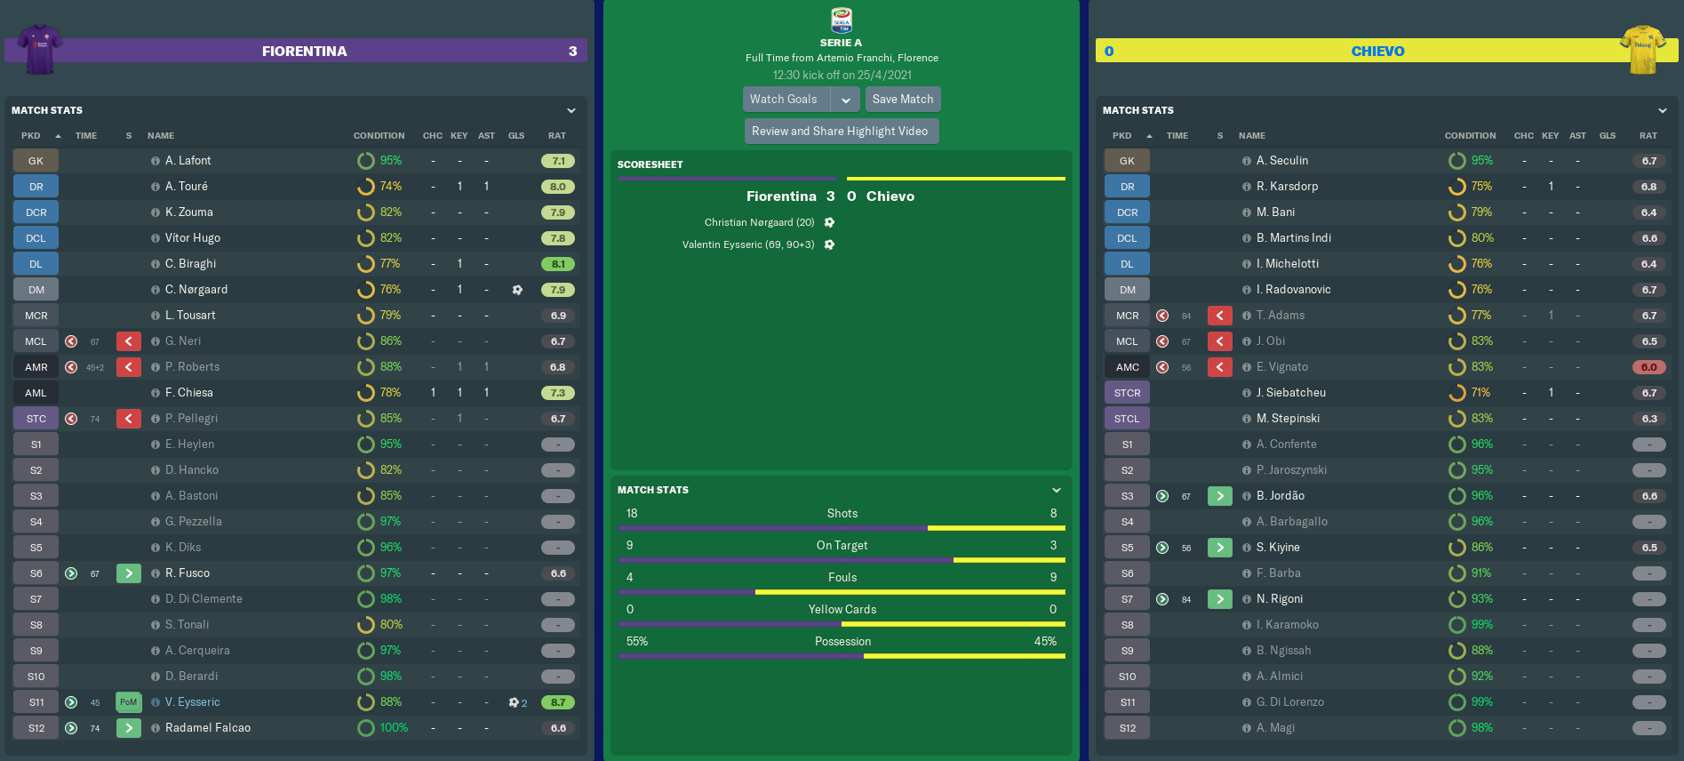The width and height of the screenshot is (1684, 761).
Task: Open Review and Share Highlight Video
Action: point(841,132)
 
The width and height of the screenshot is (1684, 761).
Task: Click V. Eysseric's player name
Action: point(192,702)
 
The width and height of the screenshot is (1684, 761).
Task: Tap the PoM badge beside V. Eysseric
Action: point(129,702)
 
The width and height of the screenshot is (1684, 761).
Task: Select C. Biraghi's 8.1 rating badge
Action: point(558,264)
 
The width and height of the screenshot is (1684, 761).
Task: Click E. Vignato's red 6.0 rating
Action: point(1648,367)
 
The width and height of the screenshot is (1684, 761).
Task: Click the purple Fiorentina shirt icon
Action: point(40,50)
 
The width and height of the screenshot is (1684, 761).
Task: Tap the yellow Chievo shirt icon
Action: point(1643,50)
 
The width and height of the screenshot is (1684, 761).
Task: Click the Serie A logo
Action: point(841,20)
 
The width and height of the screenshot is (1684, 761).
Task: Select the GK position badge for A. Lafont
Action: point(36,161)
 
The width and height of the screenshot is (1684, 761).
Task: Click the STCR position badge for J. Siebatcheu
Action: point(1127,393)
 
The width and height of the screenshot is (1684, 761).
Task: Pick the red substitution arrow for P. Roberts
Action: point(129,367)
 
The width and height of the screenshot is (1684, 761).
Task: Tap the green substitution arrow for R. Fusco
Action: point(129,573)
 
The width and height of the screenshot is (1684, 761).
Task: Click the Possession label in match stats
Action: point(842,642)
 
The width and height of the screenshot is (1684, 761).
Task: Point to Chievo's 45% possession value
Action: point(1045,642)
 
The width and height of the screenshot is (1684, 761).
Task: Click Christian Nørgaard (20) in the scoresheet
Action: point(759,223)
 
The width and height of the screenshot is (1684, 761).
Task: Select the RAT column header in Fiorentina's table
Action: point(557,136)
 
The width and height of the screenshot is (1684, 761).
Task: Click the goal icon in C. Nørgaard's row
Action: point(517,290)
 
